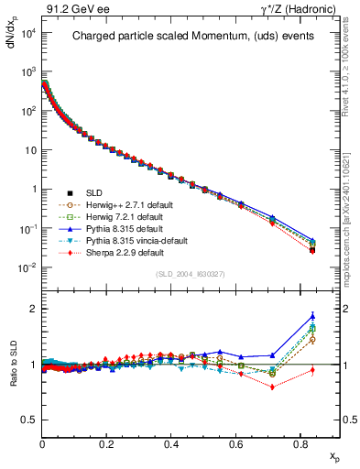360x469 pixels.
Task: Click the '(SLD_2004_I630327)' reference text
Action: coord(190,273)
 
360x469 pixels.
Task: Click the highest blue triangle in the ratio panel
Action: coord(312,317)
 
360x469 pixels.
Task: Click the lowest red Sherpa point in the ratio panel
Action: coord(272,387)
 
